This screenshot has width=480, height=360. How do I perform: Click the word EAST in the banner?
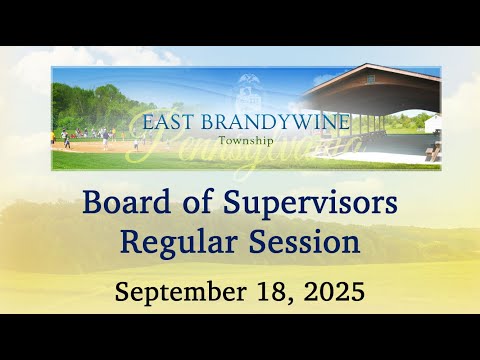click(x=168, y=122)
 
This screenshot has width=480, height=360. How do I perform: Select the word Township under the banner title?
click(x=246, y=141)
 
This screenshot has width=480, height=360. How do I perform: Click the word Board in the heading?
click(x=127, y=202)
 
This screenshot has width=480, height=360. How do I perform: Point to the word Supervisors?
click(x=310, y=204)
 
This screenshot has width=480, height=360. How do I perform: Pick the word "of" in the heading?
click(x=197, y=202)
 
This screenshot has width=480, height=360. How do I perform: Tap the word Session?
click(x=304, y=241)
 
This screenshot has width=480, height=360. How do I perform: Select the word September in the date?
click(x=181, y=292)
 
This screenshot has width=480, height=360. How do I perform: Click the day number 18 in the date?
click(x=273, y=291)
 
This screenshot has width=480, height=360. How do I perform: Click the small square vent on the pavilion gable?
click(x=370, y=79)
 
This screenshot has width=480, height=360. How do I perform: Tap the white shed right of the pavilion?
click(x=433, y=122)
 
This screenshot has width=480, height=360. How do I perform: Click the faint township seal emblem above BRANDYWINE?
click(x=248, y=94)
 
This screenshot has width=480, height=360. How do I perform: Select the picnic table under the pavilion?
click(x=434, y=152)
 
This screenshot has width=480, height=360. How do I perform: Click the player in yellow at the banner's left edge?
click(x=53, y=137)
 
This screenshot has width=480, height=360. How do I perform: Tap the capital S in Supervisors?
click(x=234, y=202)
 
